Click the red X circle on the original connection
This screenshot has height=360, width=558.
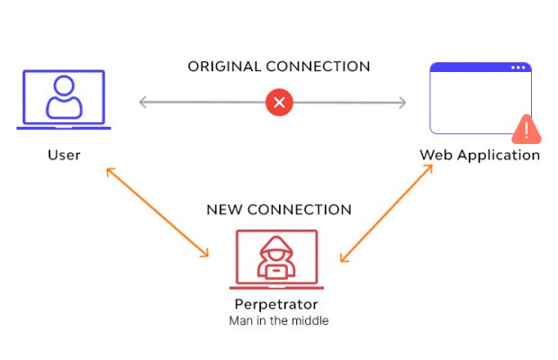[279, 102]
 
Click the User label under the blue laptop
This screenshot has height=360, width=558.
[64, 155]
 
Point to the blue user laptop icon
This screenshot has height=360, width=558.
[64, 100]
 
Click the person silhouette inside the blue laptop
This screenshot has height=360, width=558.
[64, 97]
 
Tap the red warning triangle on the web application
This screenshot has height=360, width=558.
[526, 129]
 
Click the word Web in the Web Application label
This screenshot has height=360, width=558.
[435, 155]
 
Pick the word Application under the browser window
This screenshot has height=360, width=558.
[498, 155]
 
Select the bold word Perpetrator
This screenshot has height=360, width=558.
[276, 303]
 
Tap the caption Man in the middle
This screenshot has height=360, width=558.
[276, 320]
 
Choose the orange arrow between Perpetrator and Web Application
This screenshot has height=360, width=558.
[387, 213]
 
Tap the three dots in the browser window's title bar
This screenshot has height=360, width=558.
[518, 67]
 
